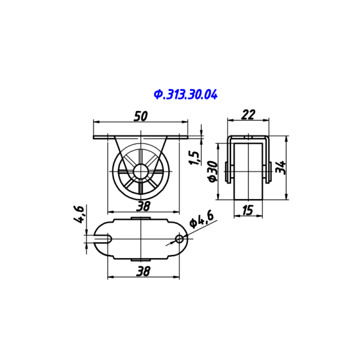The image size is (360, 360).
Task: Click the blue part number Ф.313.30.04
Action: point(185,95)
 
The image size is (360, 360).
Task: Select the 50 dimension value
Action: point(141,116)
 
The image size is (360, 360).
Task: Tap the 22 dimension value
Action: point(248,115)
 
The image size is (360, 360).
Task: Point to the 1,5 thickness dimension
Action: point(194,158)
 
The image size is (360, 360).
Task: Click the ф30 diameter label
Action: point(213,172)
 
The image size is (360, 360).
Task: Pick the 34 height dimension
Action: point(281,167)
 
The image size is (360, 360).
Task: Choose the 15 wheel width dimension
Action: point(248,210)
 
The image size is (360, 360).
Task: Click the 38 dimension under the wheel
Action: point(143,206)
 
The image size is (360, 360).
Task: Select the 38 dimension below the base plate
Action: point(143,271)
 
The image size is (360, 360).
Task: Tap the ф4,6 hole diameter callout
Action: point(202,220)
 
